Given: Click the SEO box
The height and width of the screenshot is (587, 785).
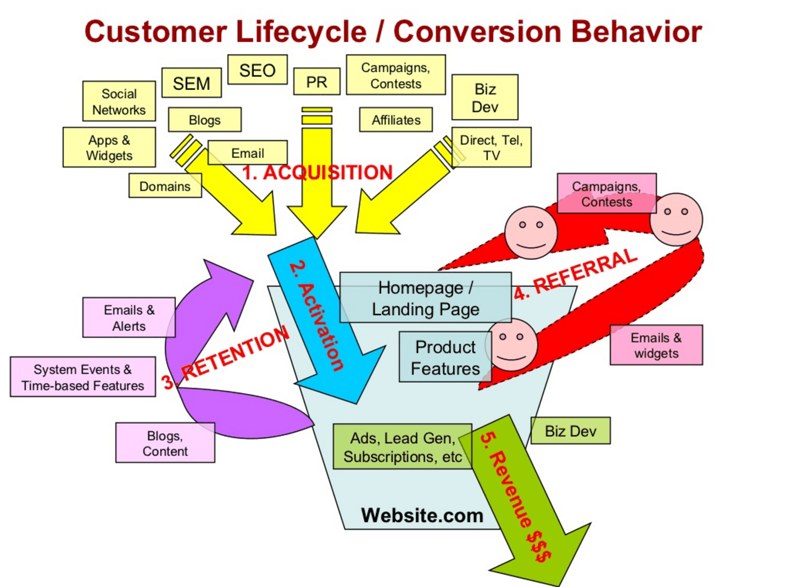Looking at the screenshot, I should pyautogui.click(x=257, y=70).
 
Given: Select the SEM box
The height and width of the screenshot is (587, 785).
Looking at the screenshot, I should pyautogui.click(x=191, y=83).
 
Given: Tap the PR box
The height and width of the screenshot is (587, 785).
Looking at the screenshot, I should pyautogui.click(x=316, y=82).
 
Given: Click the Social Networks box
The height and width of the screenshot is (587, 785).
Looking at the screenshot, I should pyautogui.click(x=119, y=102).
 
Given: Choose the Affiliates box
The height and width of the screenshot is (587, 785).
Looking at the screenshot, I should pyautogui.click(x=396, y=120).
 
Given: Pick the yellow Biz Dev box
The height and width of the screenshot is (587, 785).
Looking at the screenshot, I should pyautogui.click(x=485, y=98).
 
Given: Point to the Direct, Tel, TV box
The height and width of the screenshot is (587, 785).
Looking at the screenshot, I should pyautogui.click(x=491, y=147).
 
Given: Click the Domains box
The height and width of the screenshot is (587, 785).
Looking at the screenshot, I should pyautogui.click(x=164, y=186).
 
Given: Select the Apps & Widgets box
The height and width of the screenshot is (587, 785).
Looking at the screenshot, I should pyautogui.click(x=109, y=147).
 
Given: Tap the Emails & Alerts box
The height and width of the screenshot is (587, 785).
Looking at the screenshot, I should pyautogui.click(x=129, y=318).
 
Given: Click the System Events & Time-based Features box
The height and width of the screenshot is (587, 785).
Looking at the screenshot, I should pyautogui.click(x=82, y=377).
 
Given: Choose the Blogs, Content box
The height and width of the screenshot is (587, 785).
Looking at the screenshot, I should pyautogui.click(x=165, y=443).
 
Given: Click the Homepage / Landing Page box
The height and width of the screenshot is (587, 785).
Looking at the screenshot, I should pyautogui.click(x=425, y=298).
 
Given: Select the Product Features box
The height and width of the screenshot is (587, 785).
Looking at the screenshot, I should pyautogui.click(x=445, y=357).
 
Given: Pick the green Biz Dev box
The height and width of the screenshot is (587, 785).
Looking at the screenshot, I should pyautogui.click(x=570, y=431).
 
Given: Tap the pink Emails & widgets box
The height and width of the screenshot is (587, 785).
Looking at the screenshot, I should pyautogui.click(x=656, y=345).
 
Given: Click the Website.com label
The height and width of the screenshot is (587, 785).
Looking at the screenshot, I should pyautogui.click(x=422, y=515).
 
